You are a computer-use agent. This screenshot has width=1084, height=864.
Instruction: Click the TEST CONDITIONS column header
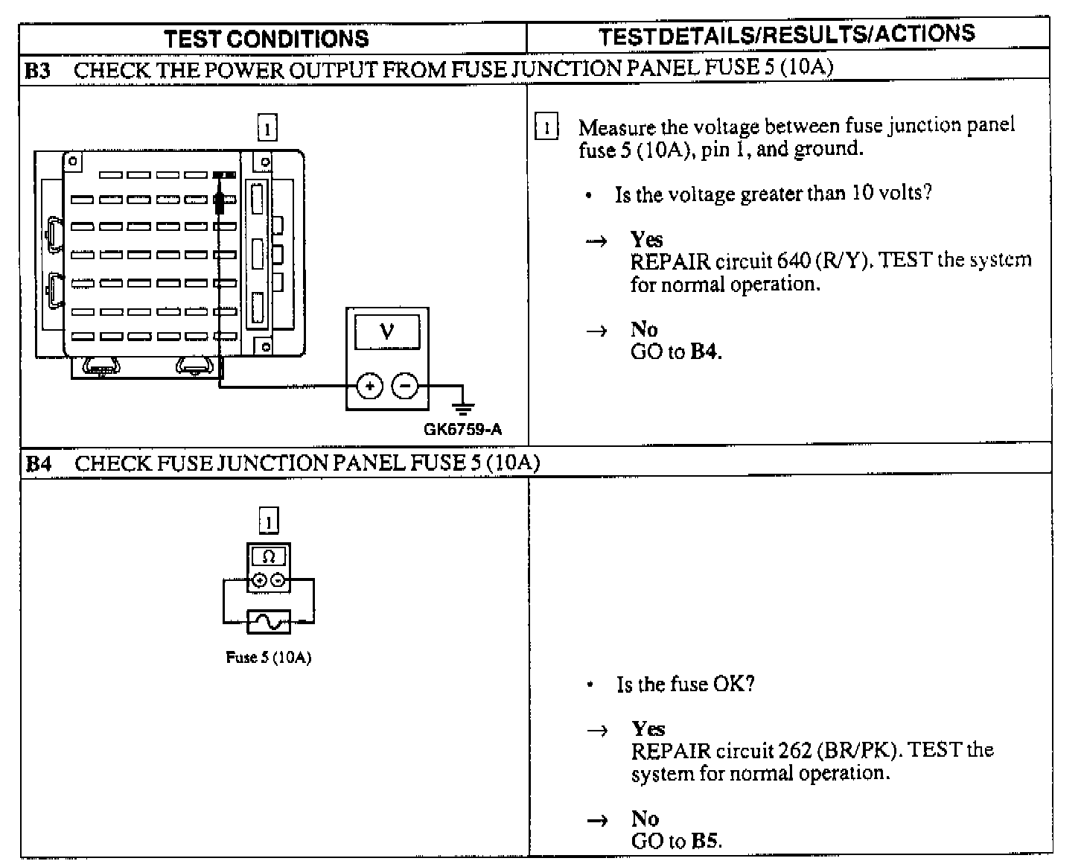pyautogui.click(x=266, y=38)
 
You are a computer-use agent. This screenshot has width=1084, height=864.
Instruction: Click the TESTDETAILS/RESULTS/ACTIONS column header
pyautogui.click(x=787, y=34)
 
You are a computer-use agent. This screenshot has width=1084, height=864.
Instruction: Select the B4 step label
pyautogui.click(x=39, y=464)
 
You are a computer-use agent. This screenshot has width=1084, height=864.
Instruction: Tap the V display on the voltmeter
pyautogui.click(x=386, y=331)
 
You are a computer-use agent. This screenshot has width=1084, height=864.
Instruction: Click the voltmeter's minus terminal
pyautogui.click(x=404, y=386)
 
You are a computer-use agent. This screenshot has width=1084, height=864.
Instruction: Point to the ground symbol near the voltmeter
pyautogui.click(x=463, y=406)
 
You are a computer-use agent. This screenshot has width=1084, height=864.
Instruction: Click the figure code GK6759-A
pyautogui.click(x=462, y=430)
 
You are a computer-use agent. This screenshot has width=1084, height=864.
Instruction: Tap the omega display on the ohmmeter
pyautogui.click(x=269, y=556)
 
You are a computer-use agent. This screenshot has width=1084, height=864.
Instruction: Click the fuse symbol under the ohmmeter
pyautogui.click(x=268, y=620)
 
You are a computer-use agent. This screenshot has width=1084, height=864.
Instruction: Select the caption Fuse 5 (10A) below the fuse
pyautogui.click(x=268, y=658)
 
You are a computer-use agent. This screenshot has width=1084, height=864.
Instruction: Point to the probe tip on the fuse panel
pyautogui.click(x=220, y=201)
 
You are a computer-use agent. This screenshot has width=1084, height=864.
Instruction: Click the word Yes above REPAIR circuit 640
pyautogui.click(x=646, y=239)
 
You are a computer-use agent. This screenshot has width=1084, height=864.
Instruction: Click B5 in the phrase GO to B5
pyautogui.click(x=705, y=842)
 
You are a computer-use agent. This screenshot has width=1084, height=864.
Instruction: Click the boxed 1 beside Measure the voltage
pyautogui.click(x=546, y=127)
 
